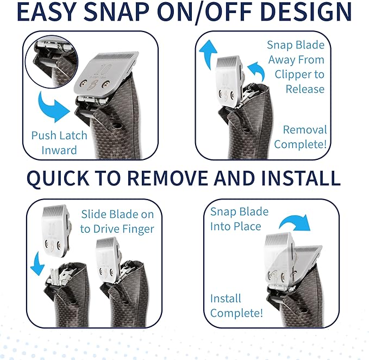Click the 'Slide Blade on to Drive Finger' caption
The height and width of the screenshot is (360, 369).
coord(117,221)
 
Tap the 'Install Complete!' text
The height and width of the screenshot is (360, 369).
coord(236,306)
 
